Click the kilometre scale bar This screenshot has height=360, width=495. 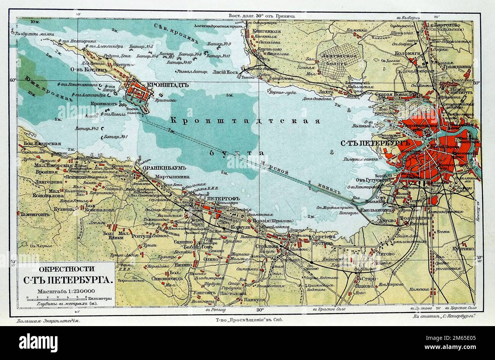(x=52, y=299)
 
